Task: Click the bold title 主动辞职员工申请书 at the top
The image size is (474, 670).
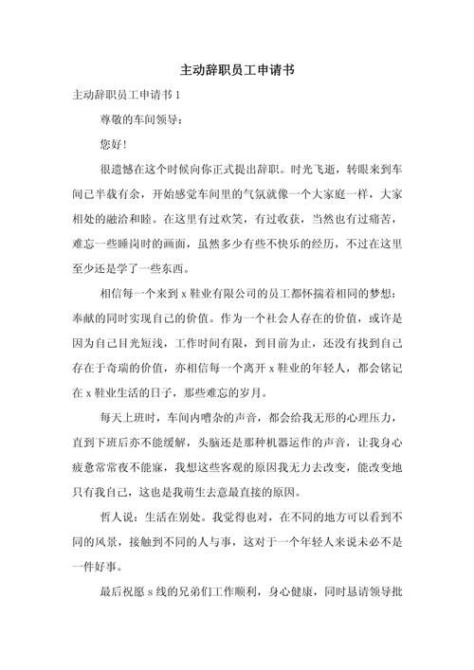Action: point(236,70)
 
